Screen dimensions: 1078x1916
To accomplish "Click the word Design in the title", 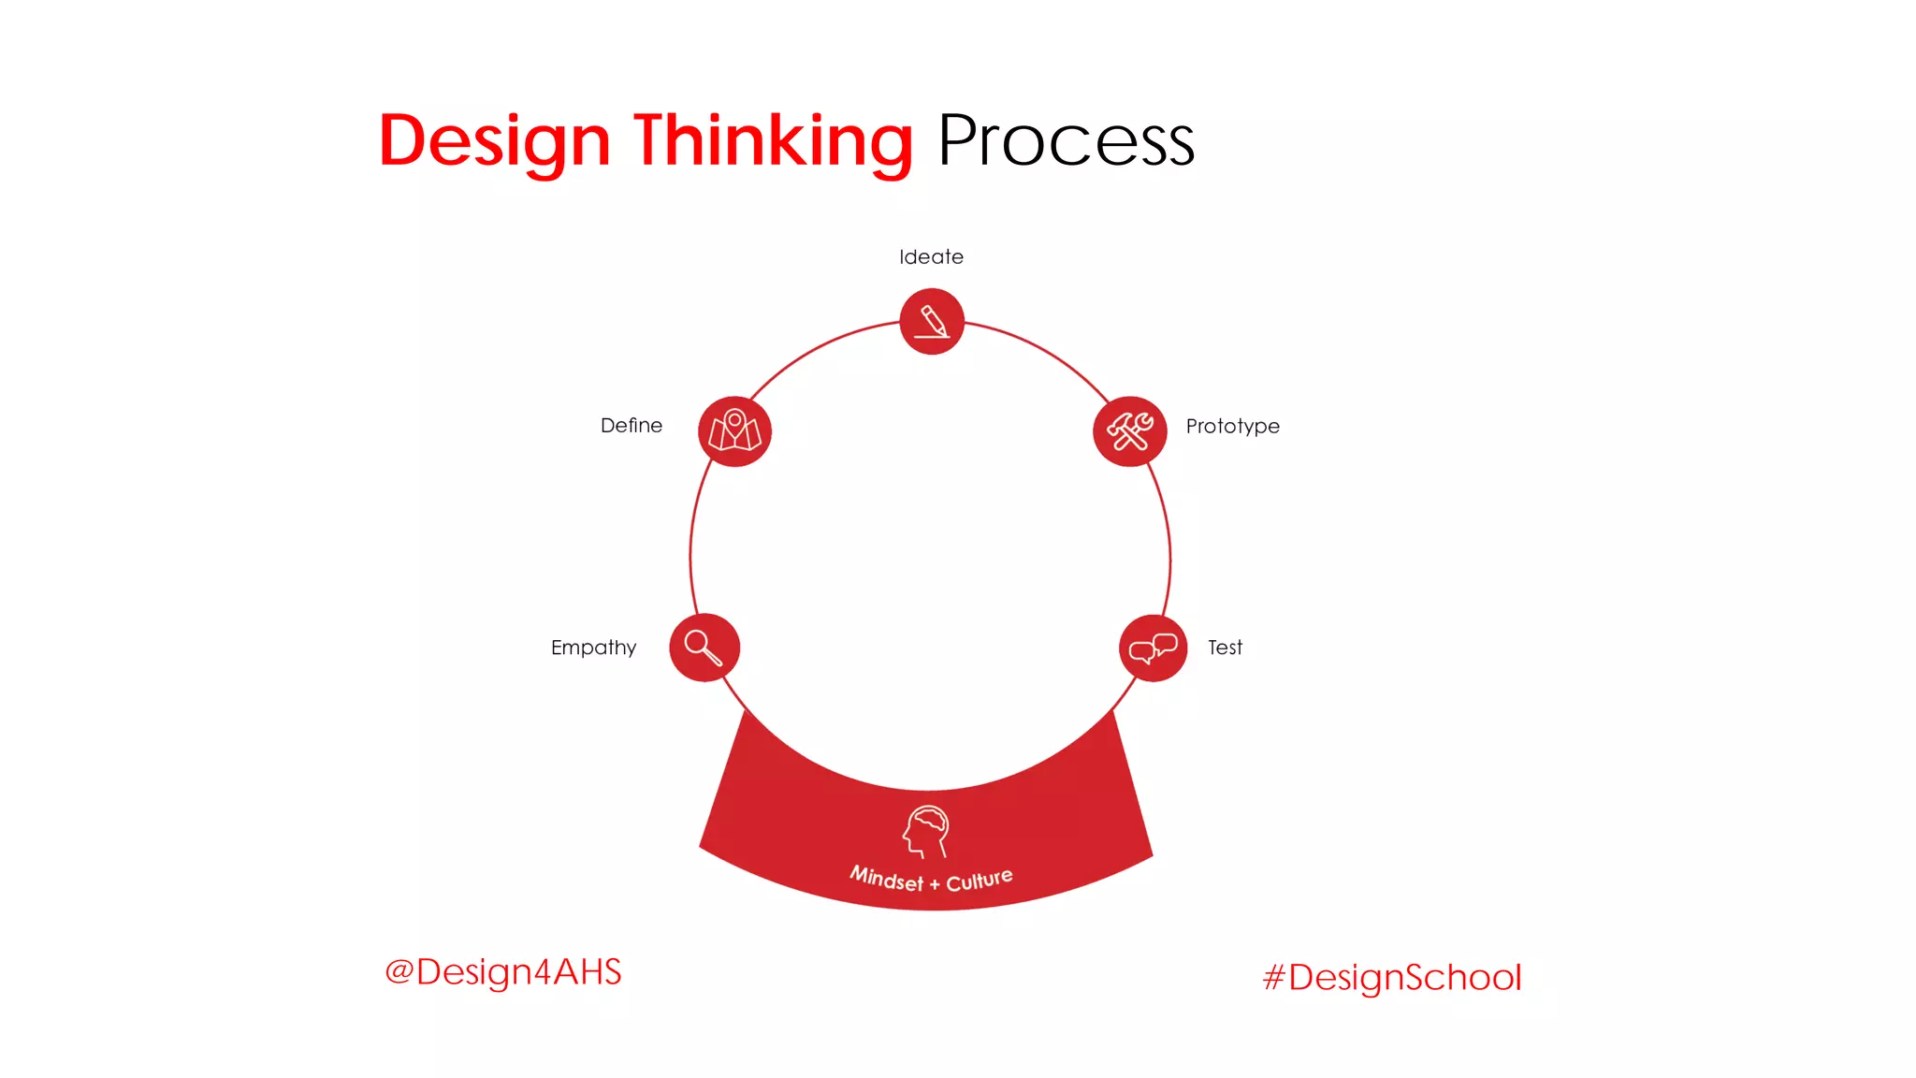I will pyautogui.click(x=494, y=141).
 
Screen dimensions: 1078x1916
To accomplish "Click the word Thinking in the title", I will pyautogui.click(x=773, y=141).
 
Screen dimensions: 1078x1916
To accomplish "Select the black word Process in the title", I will pyautogui.click(x=1066, y=141).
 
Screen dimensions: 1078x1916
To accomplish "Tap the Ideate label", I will pyautogui.click(x=931, y=257).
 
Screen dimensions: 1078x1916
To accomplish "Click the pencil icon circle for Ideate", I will pyautogui.click(x=932, y=322).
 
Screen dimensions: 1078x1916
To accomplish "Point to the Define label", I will pyautogui.click(x=631, y=426).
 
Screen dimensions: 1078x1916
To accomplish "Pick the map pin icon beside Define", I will pyautogui.click(x=734, y=431).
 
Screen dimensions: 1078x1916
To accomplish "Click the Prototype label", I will pyautogui.click(x=1232, y=427).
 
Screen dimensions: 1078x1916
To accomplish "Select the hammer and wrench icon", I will pyautogui.click(x=1130, y=431).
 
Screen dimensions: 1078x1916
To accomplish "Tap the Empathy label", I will pyautogui.click(x=593, y=648).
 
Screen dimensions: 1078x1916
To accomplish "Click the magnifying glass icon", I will pyautogui.click(x=704, y=648).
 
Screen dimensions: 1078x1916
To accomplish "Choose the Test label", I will pyautogui.click(x=1225, y=648).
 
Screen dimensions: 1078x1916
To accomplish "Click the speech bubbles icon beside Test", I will pyautogui.click(x=1153, y=648).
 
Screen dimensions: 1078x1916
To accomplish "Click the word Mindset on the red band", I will pyautogui.click(x=886, y=879).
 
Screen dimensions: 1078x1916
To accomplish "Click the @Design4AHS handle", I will pyautogui.click(x=503, y=972).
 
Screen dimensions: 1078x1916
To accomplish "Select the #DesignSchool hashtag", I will pyautogui.click(x=1392, y=978).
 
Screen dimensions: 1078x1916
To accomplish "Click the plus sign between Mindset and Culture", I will pyautogui.click(x=934, y=884).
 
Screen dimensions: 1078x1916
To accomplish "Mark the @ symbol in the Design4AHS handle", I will pyautogui.click(x=399, y=971).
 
